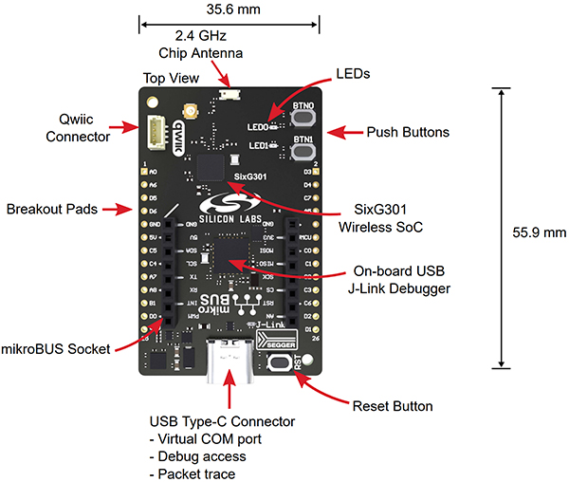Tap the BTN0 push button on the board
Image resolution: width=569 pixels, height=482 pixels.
pos(304,118)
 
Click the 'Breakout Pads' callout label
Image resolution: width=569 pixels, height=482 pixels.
pos(51,209)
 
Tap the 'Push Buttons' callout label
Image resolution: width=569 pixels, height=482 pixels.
pos(408,132)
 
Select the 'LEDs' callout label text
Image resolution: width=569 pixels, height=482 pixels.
pos(354,74)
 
